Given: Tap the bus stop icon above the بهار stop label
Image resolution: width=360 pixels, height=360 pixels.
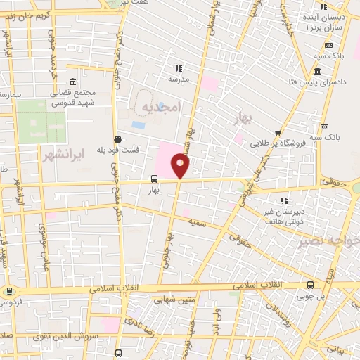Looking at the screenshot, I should click(154, 179).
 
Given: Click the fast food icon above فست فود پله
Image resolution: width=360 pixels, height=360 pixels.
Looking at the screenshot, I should click(117, 139).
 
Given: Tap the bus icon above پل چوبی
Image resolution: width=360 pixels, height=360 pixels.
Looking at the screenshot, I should click(311, 285).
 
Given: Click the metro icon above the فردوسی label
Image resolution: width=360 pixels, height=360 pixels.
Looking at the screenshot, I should click(8, 290).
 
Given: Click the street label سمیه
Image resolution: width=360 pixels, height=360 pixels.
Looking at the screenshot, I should click(199, 223).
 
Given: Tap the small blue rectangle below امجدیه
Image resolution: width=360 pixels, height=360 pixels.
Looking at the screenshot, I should click(138, 124).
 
